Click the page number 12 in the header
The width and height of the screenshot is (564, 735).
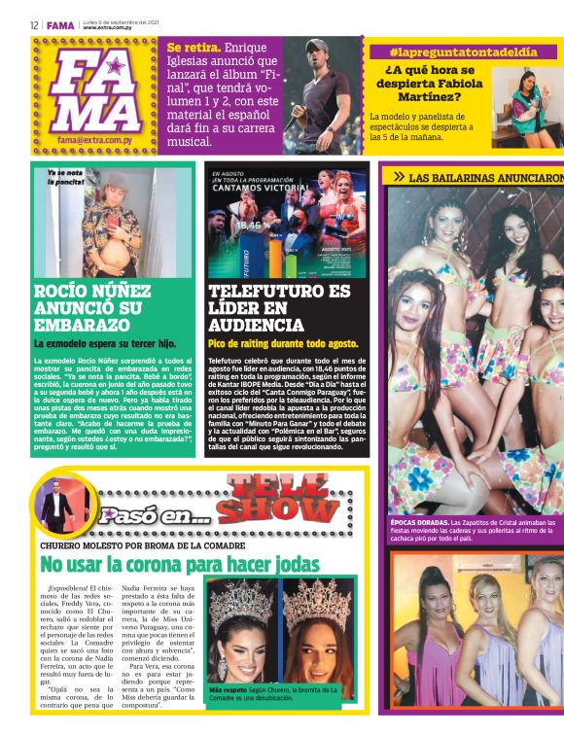point(34,26)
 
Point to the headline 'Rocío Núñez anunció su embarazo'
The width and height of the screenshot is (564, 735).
point(92,308)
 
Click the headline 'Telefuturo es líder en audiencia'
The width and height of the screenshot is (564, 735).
point(279,308)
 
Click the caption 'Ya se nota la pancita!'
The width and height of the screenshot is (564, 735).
point(66,177)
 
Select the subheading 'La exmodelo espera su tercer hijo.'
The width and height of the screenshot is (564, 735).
point(105,343)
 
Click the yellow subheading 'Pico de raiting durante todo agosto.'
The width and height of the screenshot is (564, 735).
point(283,343)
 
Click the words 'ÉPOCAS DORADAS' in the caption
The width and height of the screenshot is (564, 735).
point(418,522)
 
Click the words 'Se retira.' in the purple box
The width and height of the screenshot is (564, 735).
point(194,48)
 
